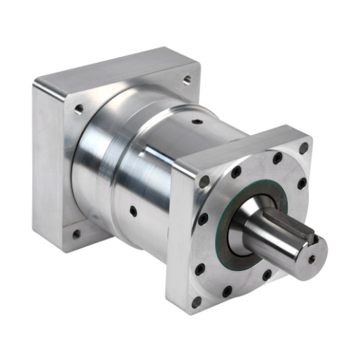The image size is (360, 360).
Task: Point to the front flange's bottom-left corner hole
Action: (195, 302)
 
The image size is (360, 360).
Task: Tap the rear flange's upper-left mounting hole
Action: (78, 110)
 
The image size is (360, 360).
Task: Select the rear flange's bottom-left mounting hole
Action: (75, 234)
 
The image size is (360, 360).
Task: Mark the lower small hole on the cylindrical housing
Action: (133, 212)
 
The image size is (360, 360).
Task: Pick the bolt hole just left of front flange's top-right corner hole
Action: (277, 156)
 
